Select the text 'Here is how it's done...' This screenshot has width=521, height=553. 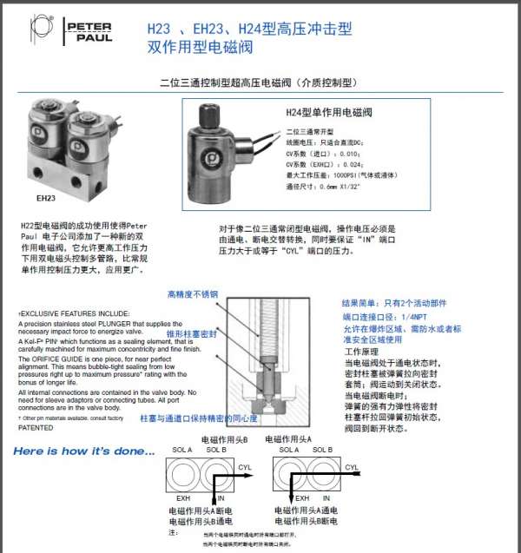click(84, 451)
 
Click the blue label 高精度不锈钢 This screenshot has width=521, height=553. click(189, 295)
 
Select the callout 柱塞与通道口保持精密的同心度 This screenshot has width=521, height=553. click(199, 418)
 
